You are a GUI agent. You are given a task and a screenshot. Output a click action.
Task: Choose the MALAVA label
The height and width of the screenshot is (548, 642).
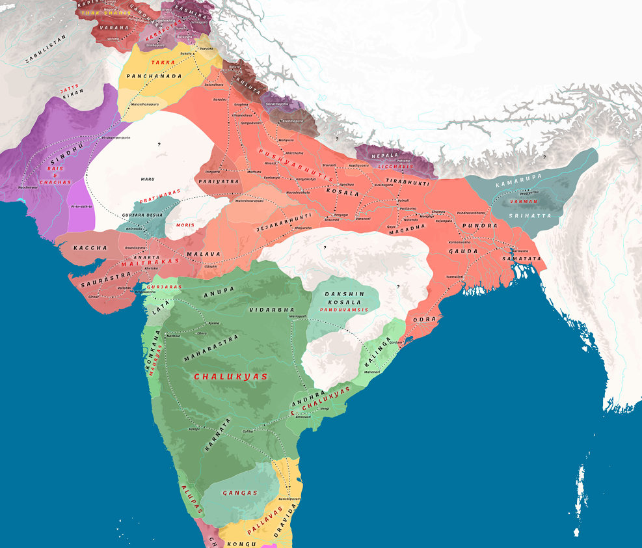click(203, 254)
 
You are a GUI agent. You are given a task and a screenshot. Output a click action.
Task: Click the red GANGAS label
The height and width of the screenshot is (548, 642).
click(240, 493)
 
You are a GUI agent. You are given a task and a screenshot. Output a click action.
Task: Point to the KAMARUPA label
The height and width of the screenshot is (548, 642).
click(518, 184)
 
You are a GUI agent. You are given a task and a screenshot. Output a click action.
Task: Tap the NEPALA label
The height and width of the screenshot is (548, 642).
click(384, 156)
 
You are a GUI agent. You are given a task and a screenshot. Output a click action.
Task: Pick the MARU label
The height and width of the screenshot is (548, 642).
click(148, 178)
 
